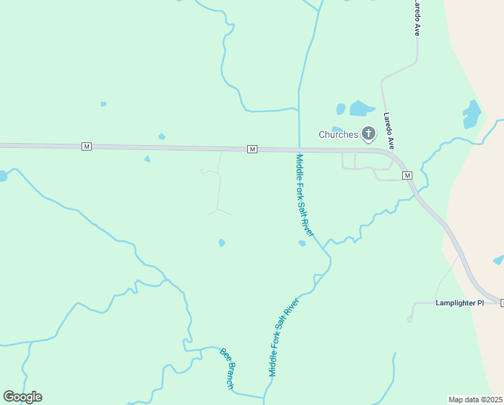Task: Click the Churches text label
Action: [x=338, y=134]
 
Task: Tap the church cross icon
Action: [x=368, y=134]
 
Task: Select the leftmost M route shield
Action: [x=86, y=146]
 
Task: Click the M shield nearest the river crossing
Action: [x=252, y=149]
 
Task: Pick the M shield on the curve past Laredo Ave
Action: [x=407, y=175]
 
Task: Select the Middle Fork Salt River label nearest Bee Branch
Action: [x=283, y=336]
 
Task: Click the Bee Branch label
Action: [x=227, y=369]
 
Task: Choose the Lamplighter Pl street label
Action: [x=460, y=303]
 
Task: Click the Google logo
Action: [x=22, y=397]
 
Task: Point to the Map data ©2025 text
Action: [x=475, y=400]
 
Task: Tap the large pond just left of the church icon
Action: [x=361, y=108]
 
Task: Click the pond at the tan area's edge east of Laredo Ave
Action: [x=471, y=113]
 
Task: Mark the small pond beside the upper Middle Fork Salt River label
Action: [x=302, y=243]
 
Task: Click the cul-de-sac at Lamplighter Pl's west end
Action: [x=410, y=319]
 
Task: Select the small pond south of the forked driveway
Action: [x=222, y=242]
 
